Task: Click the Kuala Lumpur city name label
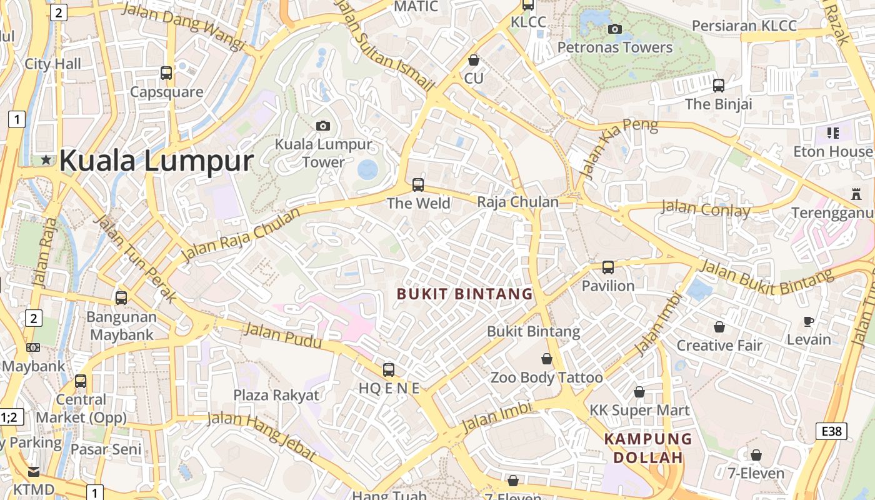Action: coord(156,161)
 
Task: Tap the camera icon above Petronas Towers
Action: coord(615,29)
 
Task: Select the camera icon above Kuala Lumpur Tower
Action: coord(323,126)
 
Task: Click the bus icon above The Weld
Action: coord(418,185)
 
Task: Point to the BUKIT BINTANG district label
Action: coord(465,294)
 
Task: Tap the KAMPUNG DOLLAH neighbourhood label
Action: coord(648,448)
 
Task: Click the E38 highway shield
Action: coord(832,431)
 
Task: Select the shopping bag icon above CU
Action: coord(474,60)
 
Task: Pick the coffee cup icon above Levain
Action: coord(809,321)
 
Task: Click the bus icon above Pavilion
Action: coord(608,267)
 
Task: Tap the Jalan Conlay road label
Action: coord(706,209)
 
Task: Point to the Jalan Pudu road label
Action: coord(282,336)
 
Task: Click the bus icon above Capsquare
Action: coord(166,73)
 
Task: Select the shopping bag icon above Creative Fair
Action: coord(719,327)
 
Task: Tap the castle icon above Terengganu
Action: coord(856,194)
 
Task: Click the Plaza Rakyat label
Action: coord(276,395)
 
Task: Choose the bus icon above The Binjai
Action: coord(719,86)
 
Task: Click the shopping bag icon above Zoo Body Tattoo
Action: coord(547,359)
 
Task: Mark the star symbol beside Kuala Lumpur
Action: coord(46,160)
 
